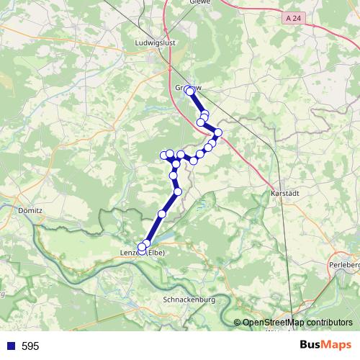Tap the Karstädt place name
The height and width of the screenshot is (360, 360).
(x=284, y=194)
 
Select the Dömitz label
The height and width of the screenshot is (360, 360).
(x=29, y=211)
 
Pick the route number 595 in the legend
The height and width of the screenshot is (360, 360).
(x=30, y=346)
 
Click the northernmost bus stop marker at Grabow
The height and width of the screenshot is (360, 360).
(x=189, y=90)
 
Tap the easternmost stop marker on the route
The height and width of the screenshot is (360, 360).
(x=217, y=132)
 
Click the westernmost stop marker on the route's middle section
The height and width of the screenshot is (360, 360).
(x=163, y=156)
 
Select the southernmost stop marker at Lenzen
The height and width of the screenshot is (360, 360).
(x=142, y=248)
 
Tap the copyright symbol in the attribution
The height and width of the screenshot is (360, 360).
(x=238, y=323)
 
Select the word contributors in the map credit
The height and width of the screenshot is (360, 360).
(x=326, y=323)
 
